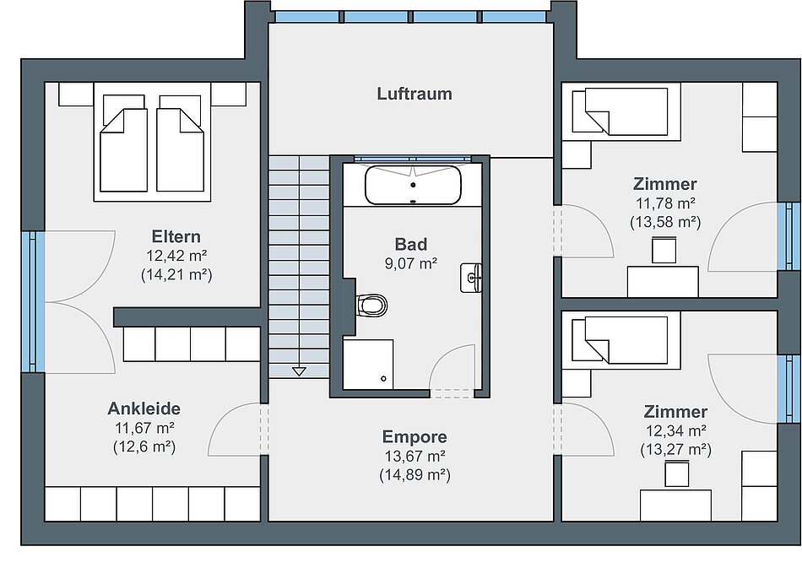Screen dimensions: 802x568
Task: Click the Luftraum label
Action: [x=415, y=94]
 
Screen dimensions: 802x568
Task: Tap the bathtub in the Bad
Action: [x=414, y=185]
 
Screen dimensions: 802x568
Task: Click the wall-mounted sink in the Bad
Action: [x=471, y=278]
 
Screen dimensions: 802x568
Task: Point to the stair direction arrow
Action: [x=299, y=371]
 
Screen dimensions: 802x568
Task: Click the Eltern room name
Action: [x=176, y=236]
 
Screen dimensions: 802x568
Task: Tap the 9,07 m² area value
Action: [x=411, y=264]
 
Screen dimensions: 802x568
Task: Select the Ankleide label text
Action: [x=144, y=408]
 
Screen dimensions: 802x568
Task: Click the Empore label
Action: [x=415, y=436]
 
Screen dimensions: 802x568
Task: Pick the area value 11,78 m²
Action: [x=665, y=203]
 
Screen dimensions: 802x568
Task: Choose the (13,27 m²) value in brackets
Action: [x=675, y=450]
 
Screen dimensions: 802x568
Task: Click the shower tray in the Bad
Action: [x=368, y=364]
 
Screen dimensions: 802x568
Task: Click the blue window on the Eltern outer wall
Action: [x=33, y=301]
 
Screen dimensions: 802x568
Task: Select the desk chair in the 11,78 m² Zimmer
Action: [x=664, y=249]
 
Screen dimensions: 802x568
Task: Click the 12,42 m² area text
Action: [x=176, y=256]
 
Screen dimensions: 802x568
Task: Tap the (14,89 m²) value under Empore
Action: [x=415, y=475]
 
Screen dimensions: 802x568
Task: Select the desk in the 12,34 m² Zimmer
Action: [x=675, y=505]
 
